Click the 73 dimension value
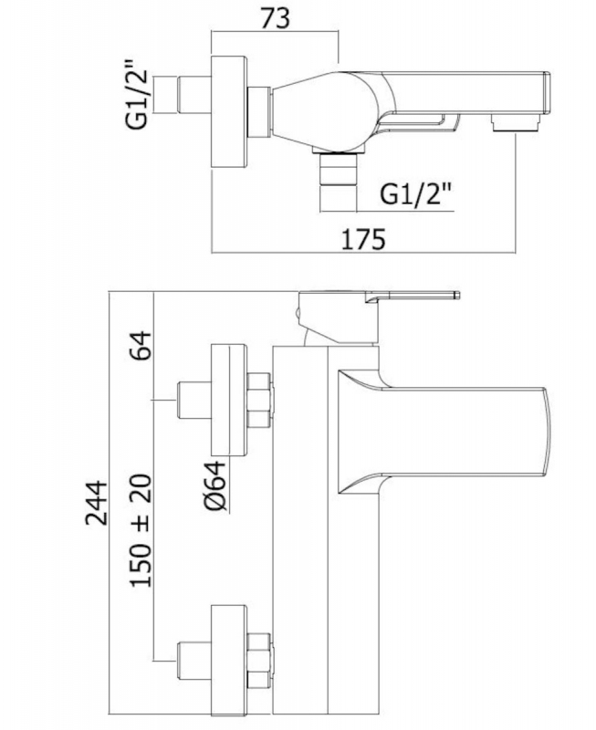click(x=275, y=19)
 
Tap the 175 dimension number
click(x=363, y=240)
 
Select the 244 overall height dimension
click(x=97, y=504)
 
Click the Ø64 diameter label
click(x=215, y=485)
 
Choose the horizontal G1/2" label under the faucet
click(x=417, y=194)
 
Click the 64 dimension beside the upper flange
click(x=141, y=346)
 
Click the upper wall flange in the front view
click(x=228, y=401)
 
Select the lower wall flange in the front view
click(x=228, y=661)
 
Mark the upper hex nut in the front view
click(x=260, y=401)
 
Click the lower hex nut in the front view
click(x=260, y=661)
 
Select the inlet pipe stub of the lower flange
click(x=194, y=661)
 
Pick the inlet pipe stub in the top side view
click(x=194, y=95)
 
